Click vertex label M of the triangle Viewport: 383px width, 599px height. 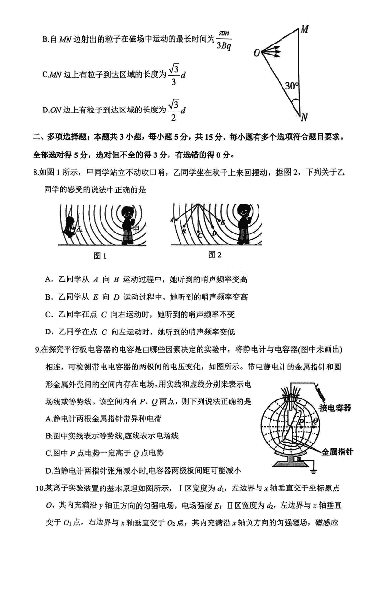(304, 30)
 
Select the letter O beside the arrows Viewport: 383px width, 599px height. (257, 53)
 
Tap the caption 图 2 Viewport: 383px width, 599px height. (215, 255)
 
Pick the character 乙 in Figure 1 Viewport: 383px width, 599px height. (79, 229)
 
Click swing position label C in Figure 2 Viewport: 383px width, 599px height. (200, 235)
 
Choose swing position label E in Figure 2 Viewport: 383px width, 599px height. (223, 222)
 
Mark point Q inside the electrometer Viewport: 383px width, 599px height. (315, 421)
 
